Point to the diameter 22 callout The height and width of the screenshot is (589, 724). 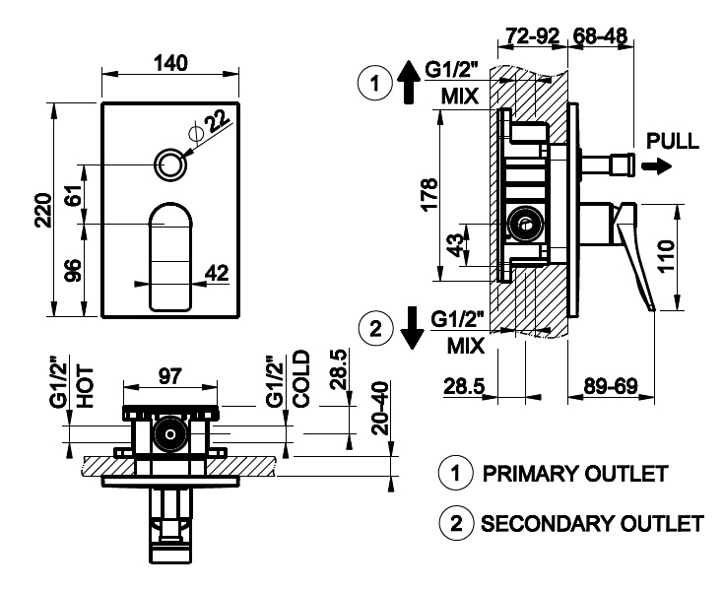(x=218, y=121)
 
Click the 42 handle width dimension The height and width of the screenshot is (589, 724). (x=218, y=272)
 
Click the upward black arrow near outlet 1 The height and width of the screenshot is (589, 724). (x=408, y=80)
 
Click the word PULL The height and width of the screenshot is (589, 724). (x=672, y=141)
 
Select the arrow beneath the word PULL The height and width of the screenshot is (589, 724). (x=652, y=167)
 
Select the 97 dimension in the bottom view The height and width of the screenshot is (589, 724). (x=169, y=375)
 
